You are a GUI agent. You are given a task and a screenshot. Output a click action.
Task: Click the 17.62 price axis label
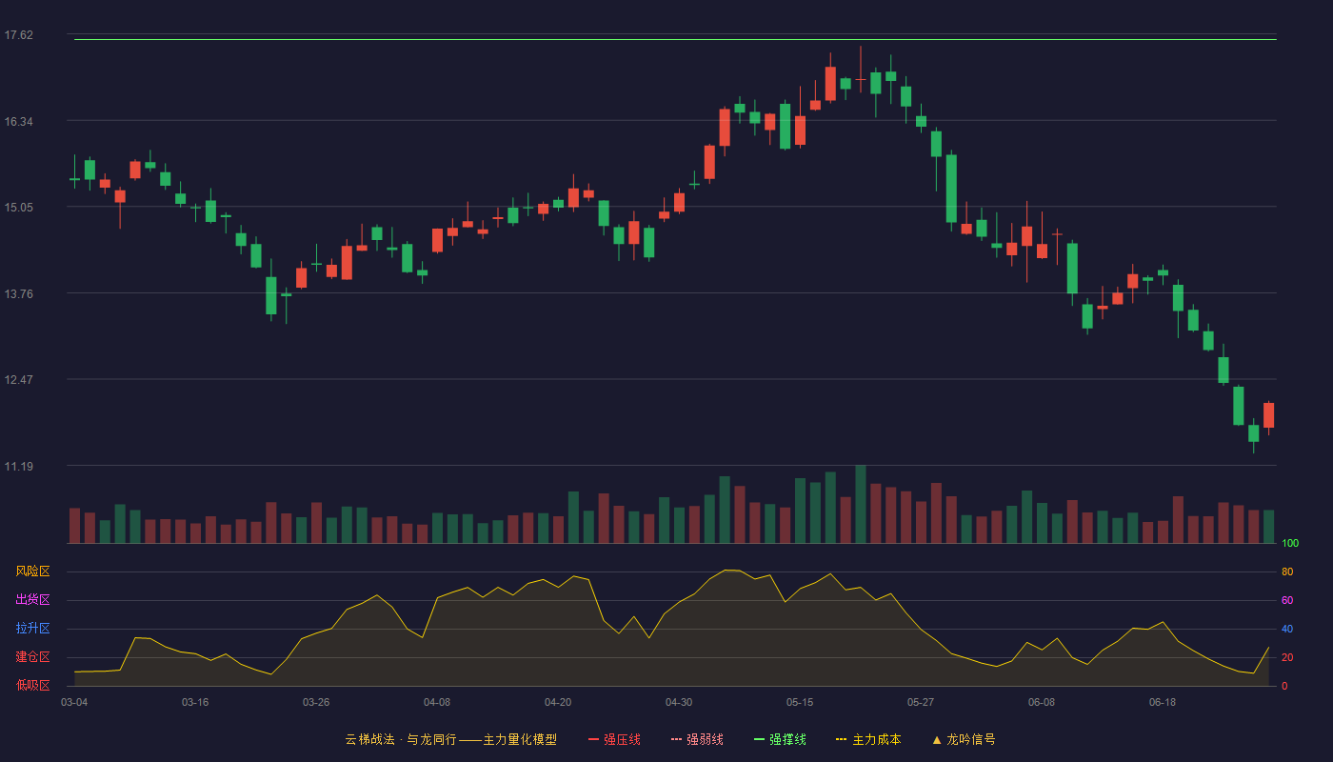click(19, 35)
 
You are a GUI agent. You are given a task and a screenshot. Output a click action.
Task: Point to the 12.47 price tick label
click(19, 380)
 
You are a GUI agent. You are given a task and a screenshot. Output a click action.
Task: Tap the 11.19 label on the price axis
click(19, 466)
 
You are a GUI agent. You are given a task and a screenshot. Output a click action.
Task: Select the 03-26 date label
click(316, 703)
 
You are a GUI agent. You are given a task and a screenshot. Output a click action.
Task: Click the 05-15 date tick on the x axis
click(800, 703)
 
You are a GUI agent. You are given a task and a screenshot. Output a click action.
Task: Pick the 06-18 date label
click(1163, 703)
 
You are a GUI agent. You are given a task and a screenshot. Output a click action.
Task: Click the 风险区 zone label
click(32, 571)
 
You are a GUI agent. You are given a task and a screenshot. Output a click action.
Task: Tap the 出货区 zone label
click(32, 599)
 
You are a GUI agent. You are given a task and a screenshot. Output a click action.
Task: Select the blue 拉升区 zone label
click(32, 628)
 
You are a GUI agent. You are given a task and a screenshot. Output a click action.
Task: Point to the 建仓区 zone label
click(32, 656)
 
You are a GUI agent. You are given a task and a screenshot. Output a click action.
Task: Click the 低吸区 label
click(32, 685)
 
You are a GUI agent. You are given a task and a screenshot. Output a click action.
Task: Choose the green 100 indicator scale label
click(1290, 543)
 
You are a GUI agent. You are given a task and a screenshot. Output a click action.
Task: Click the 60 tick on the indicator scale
click(1287, 600)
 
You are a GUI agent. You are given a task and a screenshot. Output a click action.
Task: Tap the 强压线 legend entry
click(614, 739)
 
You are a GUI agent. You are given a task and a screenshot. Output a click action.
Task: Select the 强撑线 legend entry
click(780, 739)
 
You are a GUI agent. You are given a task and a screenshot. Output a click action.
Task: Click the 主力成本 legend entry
click(868, 739)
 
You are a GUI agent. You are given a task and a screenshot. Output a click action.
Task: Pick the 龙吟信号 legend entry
click(964, 739)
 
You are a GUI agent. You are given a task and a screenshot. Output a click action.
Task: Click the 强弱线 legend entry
click(697, 739)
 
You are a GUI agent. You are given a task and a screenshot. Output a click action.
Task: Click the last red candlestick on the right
click(1268, 415)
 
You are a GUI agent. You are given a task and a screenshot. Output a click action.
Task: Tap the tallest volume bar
click(861, 504)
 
